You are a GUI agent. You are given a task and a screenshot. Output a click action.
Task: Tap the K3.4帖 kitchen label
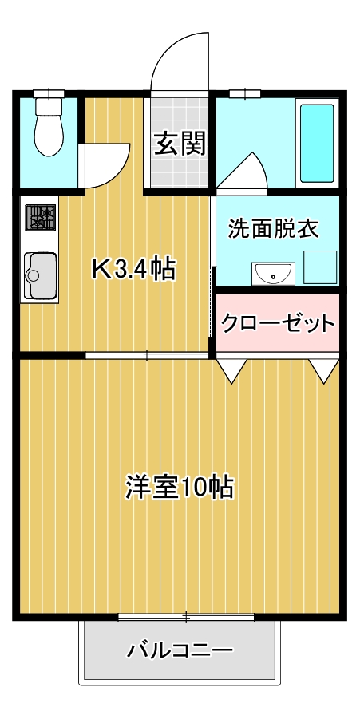pos(133,270)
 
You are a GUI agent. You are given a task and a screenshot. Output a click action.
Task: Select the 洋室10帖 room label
pos(180,488)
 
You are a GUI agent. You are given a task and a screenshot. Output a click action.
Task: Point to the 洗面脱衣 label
pos(273,228)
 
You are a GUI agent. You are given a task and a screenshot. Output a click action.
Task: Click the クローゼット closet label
pos(278,323)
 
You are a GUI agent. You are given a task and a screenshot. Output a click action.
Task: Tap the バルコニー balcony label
pos(180,650)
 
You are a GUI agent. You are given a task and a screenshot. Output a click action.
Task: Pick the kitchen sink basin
pos(42,275)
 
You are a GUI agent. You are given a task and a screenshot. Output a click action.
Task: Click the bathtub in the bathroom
pos(317,142)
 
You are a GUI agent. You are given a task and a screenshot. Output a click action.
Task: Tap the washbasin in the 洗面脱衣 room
pos(273,274)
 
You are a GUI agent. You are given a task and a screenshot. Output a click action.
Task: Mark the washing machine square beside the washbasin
pos(320,267)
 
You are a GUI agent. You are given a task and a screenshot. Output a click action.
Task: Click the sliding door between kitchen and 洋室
pos(147,355)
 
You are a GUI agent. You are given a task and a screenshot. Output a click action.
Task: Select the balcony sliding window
pos(186,618)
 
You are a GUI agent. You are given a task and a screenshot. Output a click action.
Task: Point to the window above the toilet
pos(49,93)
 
